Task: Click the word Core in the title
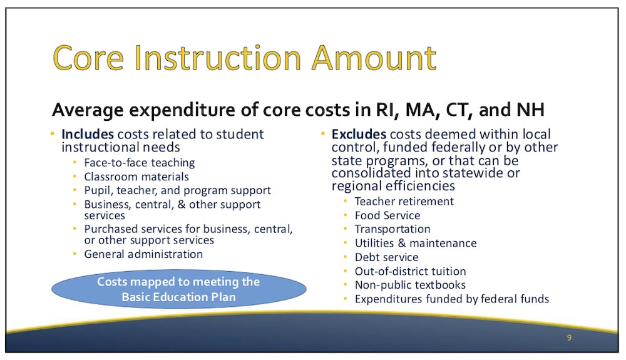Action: click(88, 58)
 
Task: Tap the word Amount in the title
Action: click(374, 58)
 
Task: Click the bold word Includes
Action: click(88, 134)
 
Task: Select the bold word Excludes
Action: click(359, 134)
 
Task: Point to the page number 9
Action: click(569, 337)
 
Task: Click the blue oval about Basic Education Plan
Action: click(178, 289)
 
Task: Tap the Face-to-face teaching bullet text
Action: click(140, 163)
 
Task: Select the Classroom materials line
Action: click(136, 177)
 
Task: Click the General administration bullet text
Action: click(143, 254)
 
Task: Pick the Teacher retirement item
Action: click(404, 202)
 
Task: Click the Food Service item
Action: click(387, 215)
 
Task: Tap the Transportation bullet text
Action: click(393, 229)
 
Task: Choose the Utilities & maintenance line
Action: click(416, 243)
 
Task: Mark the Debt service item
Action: click(386, 257)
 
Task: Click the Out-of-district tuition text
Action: click(410, 271)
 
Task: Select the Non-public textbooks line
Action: click(410, 285)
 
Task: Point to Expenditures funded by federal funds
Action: click(452, 299)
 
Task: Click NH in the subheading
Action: click(530, 110)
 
